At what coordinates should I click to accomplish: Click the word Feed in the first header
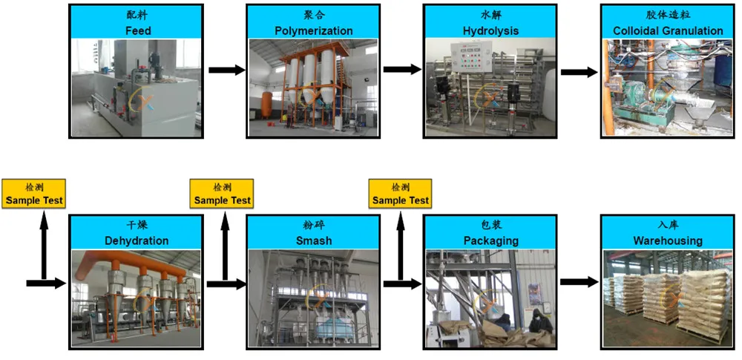[x=138, y=31]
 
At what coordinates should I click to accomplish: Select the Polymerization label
[x=314, y=31]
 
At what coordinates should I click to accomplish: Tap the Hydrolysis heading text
[x=490, y=31]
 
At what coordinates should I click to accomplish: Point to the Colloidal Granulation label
[x=668, y=31]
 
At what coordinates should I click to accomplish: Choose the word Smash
[x=314, y=240]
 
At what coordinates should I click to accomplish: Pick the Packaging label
[x=490, y=240]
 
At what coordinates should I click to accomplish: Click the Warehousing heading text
[x=668, y=240]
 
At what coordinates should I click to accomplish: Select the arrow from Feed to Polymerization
[x=226, y=70]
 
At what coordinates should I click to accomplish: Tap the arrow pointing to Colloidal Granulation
[x=579, y=72]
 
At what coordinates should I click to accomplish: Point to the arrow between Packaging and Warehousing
[x=579, y=282]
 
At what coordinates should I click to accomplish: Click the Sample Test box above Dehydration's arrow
[x=34, y=194]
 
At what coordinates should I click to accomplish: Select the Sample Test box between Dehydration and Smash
[x=222, y=194]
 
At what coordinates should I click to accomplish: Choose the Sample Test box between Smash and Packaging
[x=400, y=194]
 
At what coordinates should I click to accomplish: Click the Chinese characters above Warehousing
[x=668, y=226]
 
